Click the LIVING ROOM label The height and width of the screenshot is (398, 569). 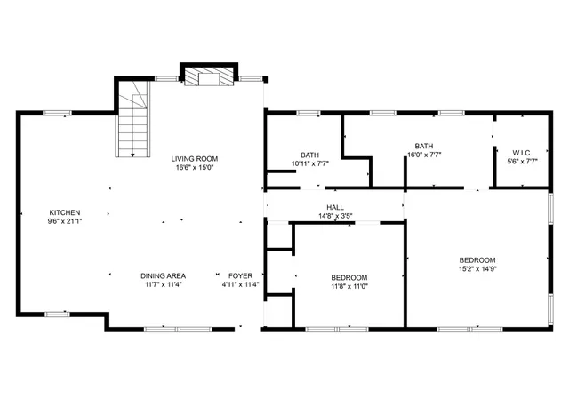[194, 159]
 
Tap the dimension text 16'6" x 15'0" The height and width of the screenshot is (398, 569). [194, 167]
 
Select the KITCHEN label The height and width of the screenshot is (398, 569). [65, 212]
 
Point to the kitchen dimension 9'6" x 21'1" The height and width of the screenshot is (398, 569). [65, 220]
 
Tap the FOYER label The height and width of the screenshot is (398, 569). [240, 275]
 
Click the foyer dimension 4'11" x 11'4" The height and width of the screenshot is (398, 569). [240, 284]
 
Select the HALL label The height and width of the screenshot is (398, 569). [335, 207]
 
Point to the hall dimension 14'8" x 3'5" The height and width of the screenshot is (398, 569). [335, 215]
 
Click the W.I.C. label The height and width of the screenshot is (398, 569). [521, 152]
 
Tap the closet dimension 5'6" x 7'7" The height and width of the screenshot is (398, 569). [521, 161]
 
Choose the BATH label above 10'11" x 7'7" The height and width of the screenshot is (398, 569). [309, 155]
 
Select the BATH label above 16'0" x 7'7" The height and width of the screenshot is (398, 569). [423, 146]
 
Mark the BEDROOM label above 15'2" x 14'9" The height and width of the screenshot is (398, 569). [477, 259]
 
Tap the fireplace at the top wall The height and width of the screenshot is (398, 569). [210, 77]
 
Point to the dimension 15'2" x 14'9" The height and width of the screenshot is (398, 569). [477, 268]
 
